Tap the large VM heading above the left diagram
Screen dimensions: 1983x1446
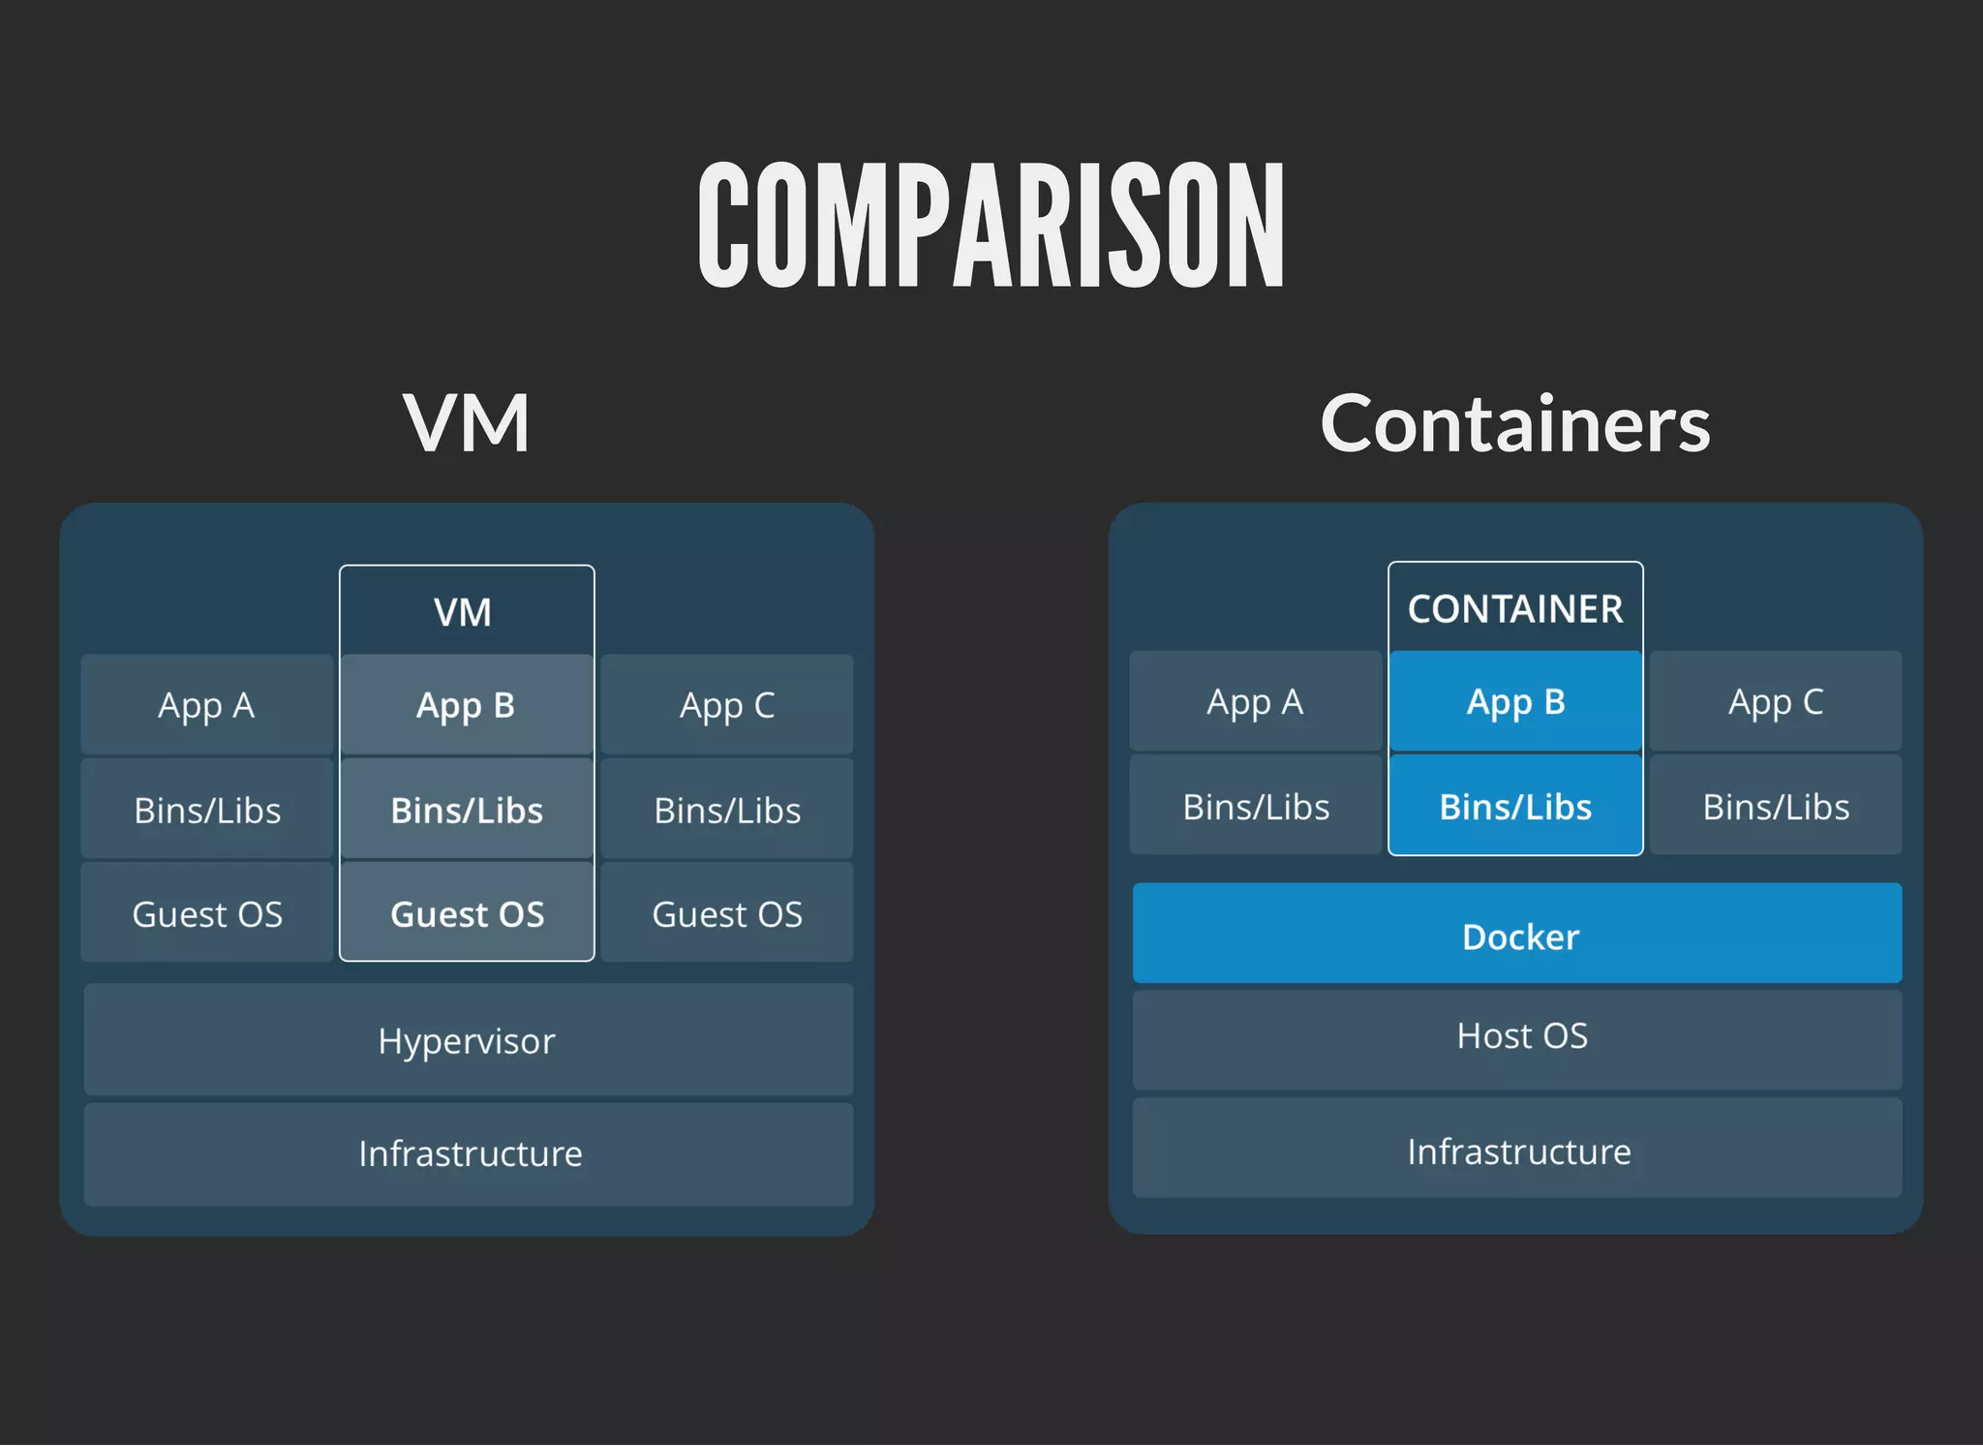click(466, 423)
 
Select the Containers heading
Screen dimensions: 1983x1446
click(1515, 423)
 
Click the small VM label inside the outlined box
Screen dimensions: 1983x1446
click(463, 612)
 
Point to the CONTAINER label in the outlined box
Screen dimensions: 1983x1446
click(1515, 609)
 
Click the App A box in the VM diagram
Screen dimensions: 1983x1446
click(206, 705)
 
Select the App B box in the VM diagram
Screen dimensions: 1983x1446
click(466, 705)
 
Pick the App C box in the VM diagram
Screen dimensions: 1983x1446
click(727, 705)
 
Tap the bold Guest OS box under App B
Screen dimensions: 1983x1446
click(467, 913)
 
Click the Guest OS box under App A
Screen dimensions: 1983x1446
click(206, 913)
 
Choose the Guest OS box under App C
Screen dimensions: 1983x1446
click(727, 913)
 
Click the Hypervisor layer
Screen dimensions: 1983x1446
click(468, 1040)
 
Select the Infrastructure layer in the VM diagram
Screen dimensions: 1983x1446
click(470, 1154)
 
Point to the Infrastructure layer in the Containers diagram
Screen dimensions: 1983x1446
click(1517, 1151)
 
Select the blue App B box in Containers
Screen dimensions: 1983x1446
click(1515, 701)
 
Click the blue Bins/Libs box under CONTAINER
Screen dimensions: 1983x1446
click(1515, 806)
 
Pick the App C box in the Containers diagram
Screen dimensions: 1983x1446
click(1776, 701)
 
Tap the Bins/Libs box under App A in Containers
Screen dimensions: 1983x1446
click(1256, 806)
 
